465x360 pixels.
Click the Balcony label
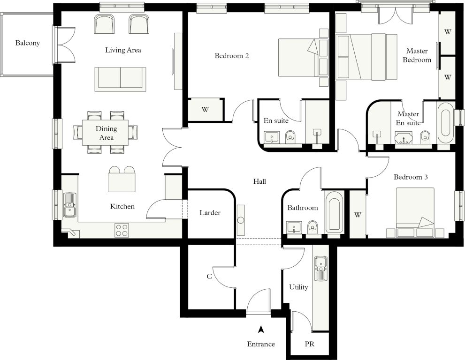click(x=28, y=43)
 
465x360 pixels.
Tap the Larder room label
click(x=210, y=213)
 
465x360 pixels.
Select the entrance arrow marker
click(x=261, y=329)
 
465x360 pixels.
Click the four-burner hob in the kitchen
click(x=122, y=230)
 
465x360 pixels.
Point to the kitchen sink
click(x=70, y=205)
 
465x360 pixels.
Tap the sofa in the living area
click(x=121, y=79)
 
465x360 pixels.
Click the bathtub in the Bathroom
click(x=334, y=212)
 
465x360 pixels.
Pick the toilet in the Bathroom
click(x=312, y=227)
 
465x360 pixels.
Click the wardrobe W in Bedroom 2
click(x=205, y=110)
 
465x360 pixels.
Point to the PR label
click(x=310, y=344)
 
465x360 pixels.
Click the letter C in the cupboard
click(x=209, y=277)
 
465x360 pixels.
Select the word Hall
click(x=259, y=181)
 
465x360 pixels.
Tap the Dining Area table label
click(x=106, y=133)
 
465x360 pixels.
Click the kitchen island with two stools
click(x=122, y=180)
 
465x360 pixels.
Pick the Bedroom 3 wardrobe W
click(x=358, y=215)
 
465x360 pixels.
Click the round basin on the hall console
click(x=241, y=220)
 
